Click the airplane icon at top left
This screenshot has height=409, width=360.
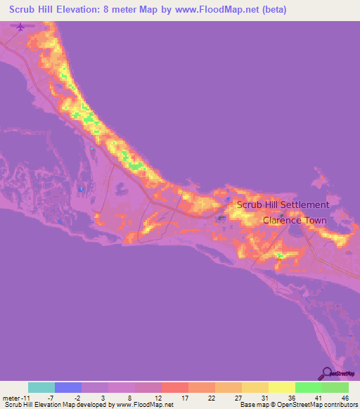[19, 27]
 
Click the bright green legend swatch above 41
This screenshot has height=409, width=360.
[309, 387]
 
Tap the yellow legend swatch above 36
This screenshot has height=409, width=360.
[282, 387]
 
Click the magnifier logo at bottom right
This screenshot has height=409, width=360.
[327, 374]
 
